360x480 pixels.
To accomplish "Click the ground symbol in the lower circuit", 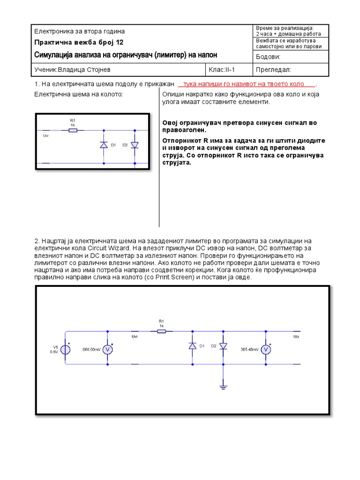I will [x=223, y=386].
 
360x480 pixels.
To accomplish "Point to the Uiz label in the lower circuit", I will [x=296, y=337].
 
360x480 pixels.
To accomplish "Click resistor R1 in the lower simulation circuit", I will [x=161, y=331].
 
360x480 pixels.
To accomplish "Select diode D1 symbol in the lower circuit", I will [x=192, y=345].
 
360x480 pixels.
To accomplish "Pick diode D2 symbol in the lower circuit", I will [x=223, y=345].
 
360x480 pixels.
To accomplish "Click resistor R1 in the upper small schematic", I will [x=73, y=130].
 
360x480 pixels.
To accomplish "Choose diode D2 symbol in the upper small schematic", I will [x=135, y=145].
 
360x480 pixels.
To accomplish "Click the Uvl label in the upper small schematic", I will [x=46, y=136].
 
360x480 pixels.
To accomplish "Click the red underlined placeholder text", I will [x=247, y=84].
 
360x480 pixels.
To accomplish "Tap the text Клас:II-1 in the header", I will [x=222, y=70].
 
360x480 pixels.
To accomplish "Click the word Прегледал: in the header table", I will [x=274, y=70].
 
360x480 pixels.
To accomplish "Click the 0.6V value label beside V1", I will [x=53, y=352].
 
